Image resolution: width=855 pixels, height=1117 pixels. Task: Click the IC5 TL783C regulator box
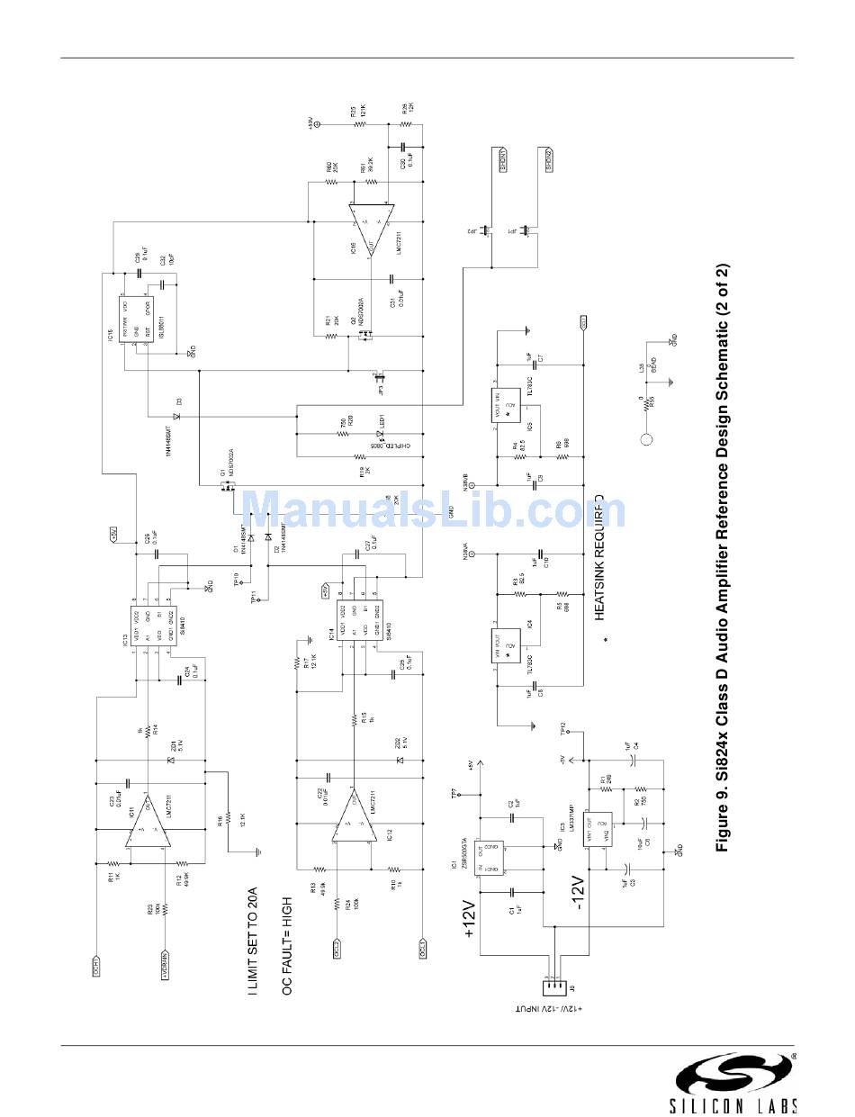click(x=508, y=406)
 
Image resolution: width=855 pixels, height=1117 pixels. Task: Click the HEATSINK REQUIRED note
click(x=598, y=558)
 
